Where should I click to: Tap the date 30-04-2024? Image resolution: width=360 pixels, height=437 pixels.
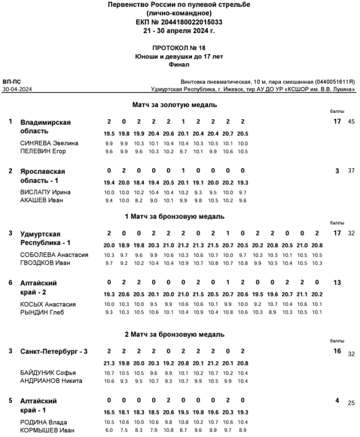17,89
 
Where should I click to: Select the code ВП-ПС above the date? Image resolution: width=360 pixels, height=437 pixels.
12,82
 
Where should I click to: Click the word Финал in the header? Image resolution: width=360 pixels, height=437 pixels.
179,64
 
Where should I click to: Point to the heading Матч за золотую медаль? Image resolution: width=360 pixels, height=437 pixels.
175,105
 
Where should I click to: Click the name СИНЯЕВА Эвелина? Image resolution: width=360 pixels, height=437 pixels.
49,144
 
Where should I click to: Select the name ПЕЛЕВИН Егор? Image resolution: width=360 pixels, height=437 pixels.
43,152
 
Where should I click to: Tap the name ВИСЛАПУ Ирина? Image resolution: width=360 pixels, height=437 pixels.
45,193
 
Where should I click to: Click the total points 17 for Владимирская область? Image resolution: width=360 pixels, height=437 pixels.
337,121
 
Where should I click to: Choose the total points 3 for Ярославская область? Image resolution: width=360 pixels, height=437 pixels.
337,170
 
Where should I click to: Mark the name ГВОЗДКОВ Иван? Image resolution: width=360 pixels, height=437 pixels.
45,263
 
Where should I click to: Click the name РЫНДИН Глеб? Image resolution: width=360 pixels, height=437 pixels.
42,313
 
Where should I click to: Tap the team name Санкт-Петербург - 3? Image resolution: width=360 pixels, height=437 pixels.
54,352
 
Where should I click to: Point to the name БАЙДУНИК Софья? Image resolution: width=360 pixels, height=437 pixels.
48,373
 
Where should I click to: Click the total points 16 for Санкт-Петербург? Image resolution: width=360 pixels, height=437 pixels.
337,352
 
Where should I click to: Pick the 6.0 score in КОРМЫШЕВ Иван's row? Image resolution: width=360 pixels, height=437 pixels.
109,430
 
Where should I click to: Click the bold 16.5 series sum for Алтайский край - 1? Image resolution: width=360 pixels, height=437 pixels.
109,412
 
